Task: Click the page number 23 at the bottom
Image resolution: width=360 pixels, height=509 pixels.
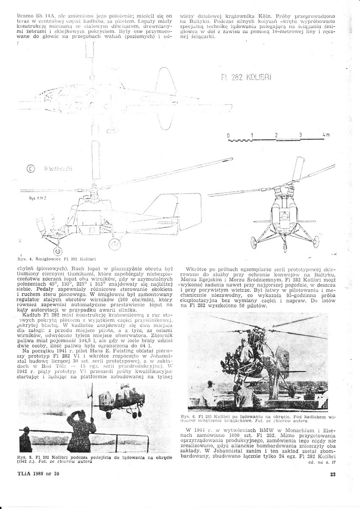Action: tap(332, 474)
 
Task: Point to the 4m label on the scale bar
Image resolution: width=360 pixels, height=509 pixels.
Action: tap(325, 135)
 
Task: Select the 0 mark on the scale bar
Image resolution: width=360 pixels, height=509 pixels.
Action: tap(228, 135)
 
